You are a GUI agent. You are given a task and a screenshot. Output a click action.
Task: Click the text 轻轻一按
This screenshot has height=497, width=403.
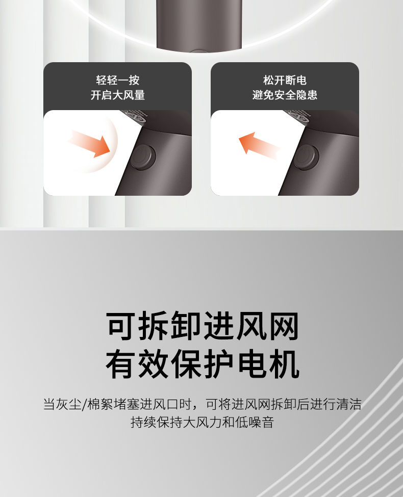118,80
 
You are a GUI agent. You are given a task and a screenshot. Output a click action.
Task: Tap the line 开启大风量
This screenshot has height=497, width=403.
118,95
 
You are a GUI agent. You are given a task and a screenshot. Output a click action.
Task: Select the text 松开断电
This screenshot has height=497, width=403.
285,80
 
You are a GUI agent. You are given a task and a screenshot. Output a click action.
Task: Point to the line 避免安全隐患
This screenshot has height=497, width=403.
285,95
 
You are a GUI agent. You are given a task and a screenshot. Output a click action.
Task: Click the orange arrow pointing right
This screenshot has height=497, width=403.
90,143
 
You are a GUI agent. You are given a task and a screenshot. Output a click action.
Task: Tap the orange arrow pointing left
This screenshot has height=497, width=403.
259,146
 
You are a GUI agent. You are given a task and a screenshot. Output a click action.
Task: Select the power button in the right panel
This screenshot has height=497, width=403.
306,156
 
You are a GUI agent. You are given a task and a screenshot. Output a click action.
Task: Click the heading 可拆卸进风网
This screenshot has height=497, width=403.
203,326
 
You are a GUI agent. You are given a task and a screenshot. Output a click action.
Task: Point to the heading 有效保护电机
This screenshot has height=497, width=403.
203,364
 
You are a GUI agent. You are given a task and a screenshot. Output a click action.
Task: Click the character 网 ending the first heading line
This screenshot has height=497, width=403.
284,326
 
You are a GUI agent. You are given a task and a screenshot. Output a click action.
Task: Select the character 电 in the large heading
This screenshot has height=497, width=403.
251,364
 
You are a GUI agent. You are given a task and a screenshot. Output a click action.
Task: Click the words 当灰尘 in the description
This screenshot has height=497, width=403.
62,404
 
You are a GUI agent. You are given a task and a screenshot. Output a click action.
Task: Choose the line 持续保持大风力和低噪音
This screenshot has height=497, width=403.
202,422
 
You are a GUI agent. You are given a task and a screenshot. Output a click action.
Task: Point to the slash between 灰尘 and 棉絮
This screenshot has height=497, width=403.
84,404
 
